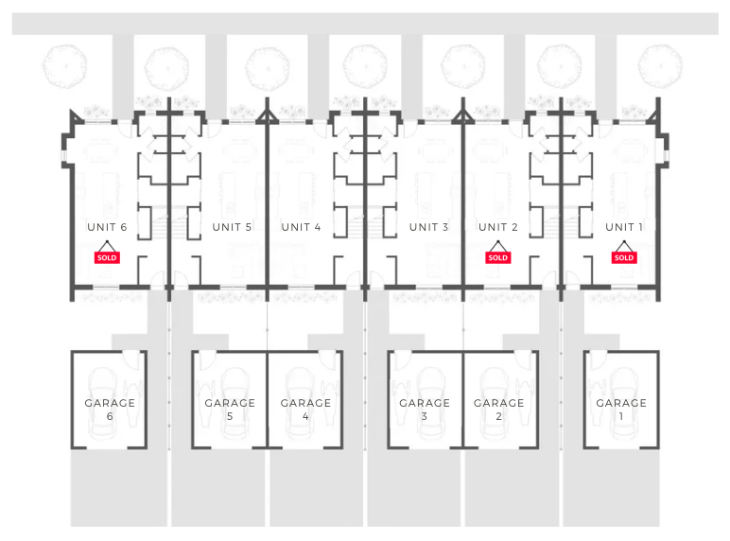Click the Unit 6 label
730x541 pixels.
[107, 227]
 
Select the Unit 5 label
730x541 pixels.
[232, 227]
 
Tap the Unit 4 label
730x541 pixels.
[301, 227]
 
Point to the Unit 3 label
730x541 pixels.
[428, 227]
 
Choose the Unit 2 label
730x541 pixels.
[498, 227]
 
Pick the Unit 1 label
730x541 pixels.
[624, 227]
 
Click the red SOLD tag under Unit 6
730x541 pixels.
[107, 257]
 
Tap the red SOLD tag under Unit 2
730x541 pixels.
[498, 257]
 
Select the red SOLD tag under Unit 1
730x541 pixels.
[624, 257]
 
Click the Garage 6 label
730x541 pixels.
[110, 403]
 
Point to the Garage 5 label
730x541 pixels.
[230, 403]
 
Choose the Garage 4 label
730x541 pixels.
[305, 403]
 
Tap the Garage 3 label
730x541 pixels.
[425, 403]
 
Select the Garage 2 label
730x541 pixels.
[498, 403]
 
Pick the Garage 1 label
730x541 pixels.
[621, 403]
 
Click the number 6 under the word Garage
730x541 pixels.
[110, 416]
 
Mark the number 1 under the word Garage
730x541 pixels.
[621, 416]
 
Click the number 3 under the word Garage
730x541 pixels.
[425, 416]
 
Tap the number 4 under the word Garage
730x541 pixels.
[305, 416]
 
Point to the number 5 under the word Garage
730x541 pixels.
[230, 416]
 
